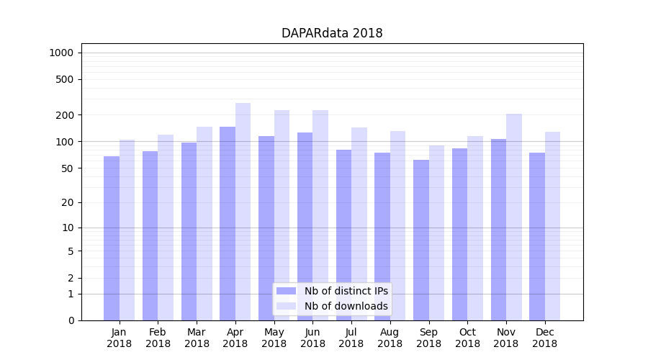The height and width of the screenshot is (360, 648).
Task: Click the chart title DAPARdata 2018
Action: click(x=332, y=33)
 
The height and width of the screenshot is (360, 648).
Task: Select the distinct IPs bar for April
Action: click(x=228, y=223)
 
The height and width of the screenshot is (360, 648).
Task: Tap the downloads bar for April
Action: click(x=243, y=212)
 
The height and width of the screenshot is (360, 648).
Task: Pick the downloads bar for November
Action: click(x=514, y=217)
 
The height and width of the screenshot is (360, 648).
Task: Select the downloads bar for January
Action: click(x=127, y=230)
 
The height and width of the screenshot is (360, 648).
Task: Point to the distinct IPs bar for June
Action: click(x=305, y=226)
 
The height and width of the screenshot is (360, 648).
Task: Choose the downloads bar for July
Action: click(x=359, y=224)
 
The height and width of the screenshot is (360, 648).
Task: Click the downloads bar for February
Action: click(x=166, y=228)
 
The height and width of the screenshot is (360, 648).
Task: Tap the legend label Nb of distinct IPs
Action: click(x=346, y=291)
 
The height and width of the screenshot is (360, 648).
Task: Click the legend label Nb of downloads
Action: click(x=346, y=306)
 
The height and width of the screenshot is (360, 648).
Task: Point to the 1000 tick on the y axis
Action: click(x=61, y=53)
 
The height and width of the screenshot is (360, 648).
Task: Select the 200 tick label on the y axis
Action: click(x=64, y=115)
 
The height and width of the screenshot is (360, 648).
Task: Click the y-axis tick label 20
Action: click(x=67, y=202)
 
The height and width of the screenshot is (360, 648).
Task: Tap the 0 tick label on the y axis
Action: click(x=71, y=320)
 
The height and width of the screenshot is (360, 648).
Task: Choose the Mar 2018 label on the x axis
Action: click(x=197, y=338)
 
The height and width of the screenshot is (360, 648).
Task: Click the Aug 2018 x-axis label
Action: click(x=390, y=338)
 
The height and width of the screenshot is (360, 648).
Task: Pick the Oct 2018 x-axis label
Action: click(x=467, y=338)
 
